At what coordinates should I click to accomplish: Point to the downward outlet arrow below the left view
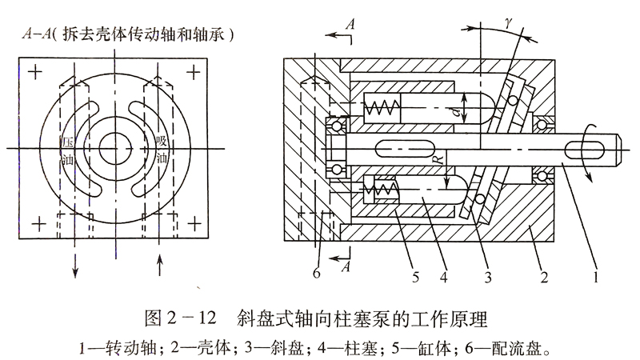pyautogui.click(x=77, y=268)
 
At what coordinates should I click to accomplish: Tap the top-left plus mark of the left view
pyautogui.click(x=34, y=71)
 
